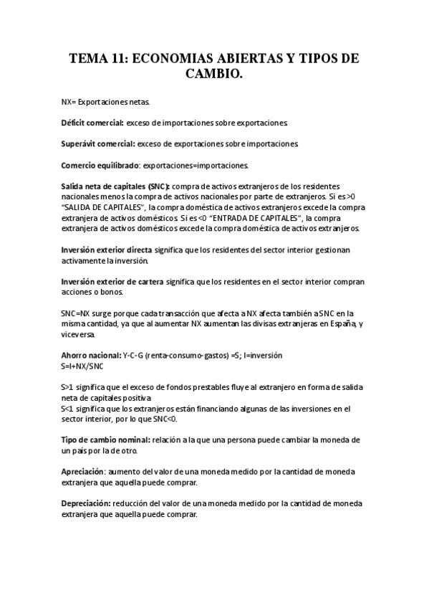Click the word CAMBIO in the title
pyautogui.click(x=214, y=73)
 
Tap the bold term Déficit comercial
pyautogui.click(x=92, y=123)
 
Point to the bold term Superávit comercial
pyautogui.click(x=97, y=144)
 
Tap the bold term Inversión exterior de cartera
pyautogui.click(x=112, y=281)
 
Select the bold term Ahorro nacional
pyautogui.click(x=90, y=355)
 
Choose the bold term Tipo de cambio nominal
pyautogui.click(x=105, y=440)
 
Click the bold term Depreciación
pyautogui.click(x=86, y=503)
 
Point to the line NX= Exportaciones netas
pyautogui.click(x=105, y=103)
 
